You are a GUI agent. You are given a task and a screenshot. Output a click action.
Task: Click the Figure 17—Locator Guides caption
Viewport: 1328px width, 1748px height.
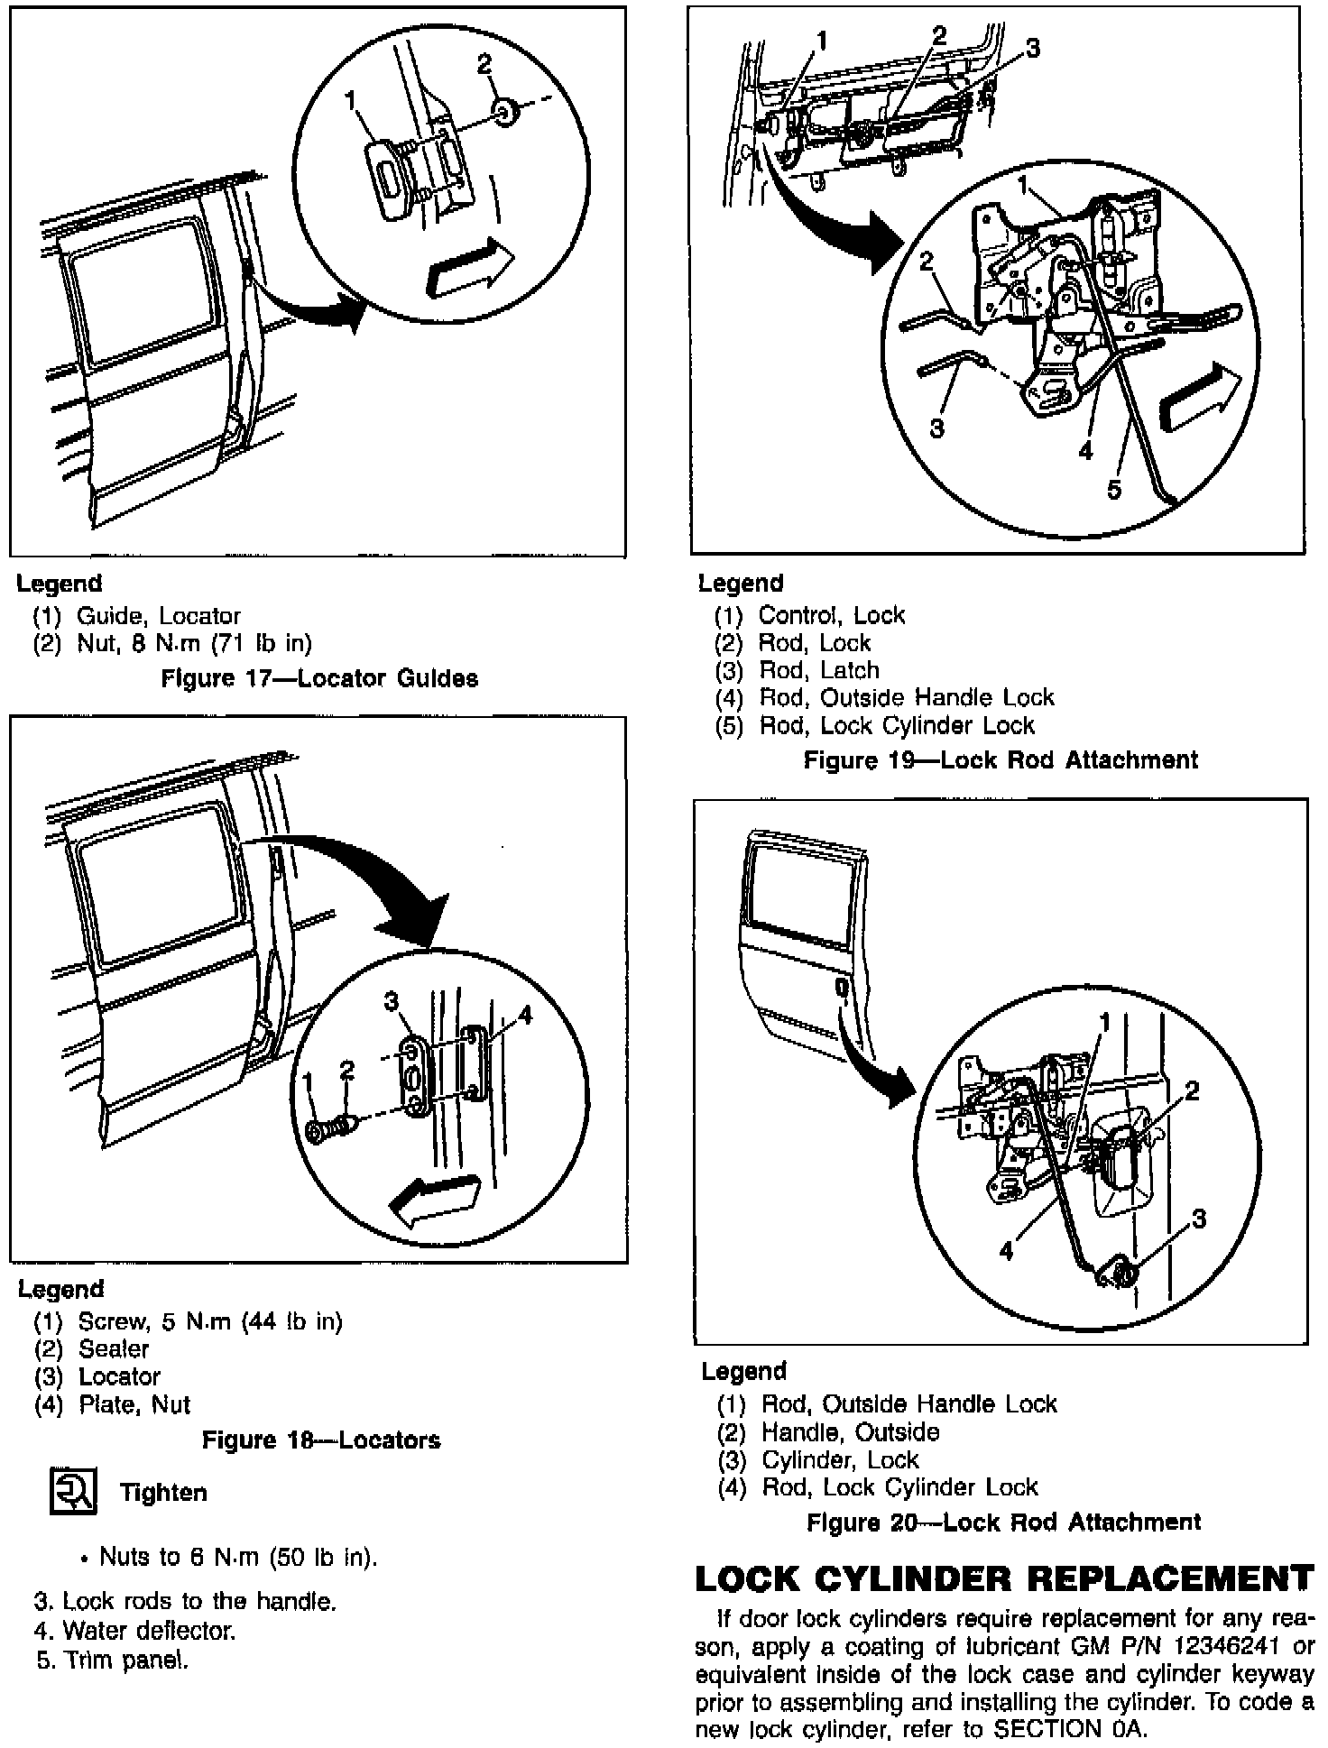(319, 678)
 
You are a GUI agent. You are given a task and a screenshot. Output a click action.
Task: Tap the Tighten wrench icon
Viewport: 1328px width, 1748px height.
(72, 1492)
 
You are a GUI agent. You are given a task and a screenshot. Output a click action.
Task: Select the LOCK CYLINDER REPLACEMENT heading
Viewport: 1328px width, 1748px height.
(1004, 1578)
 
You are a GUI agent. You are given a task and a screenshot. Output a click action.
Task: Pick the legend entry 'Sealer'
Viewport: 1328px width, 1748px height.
(114, 1348)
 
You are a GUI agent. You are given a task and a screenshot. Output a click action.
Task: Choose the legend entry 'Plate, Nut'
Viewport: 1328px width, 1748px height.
(134, 1404)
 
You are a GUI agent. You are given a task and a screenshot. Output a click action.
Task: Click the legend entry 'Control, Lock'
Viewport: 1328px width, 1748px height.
(831, 615)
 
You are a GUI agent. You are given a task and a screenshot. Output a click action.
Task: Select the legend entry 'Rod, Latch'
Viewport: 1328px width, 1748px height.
(818, 670)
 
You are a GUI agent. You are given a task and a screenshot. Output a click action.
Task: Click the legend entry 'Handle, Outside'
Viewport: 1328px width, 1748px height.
(850, 1431)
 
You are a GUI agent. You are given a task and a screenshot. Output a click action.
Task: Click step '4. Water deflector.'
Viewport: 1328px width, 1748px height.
(135, 1631)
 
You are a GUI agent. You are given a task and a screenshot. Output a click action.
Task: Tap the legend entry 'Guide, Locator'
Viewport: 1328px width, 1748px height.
(158, 616)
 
